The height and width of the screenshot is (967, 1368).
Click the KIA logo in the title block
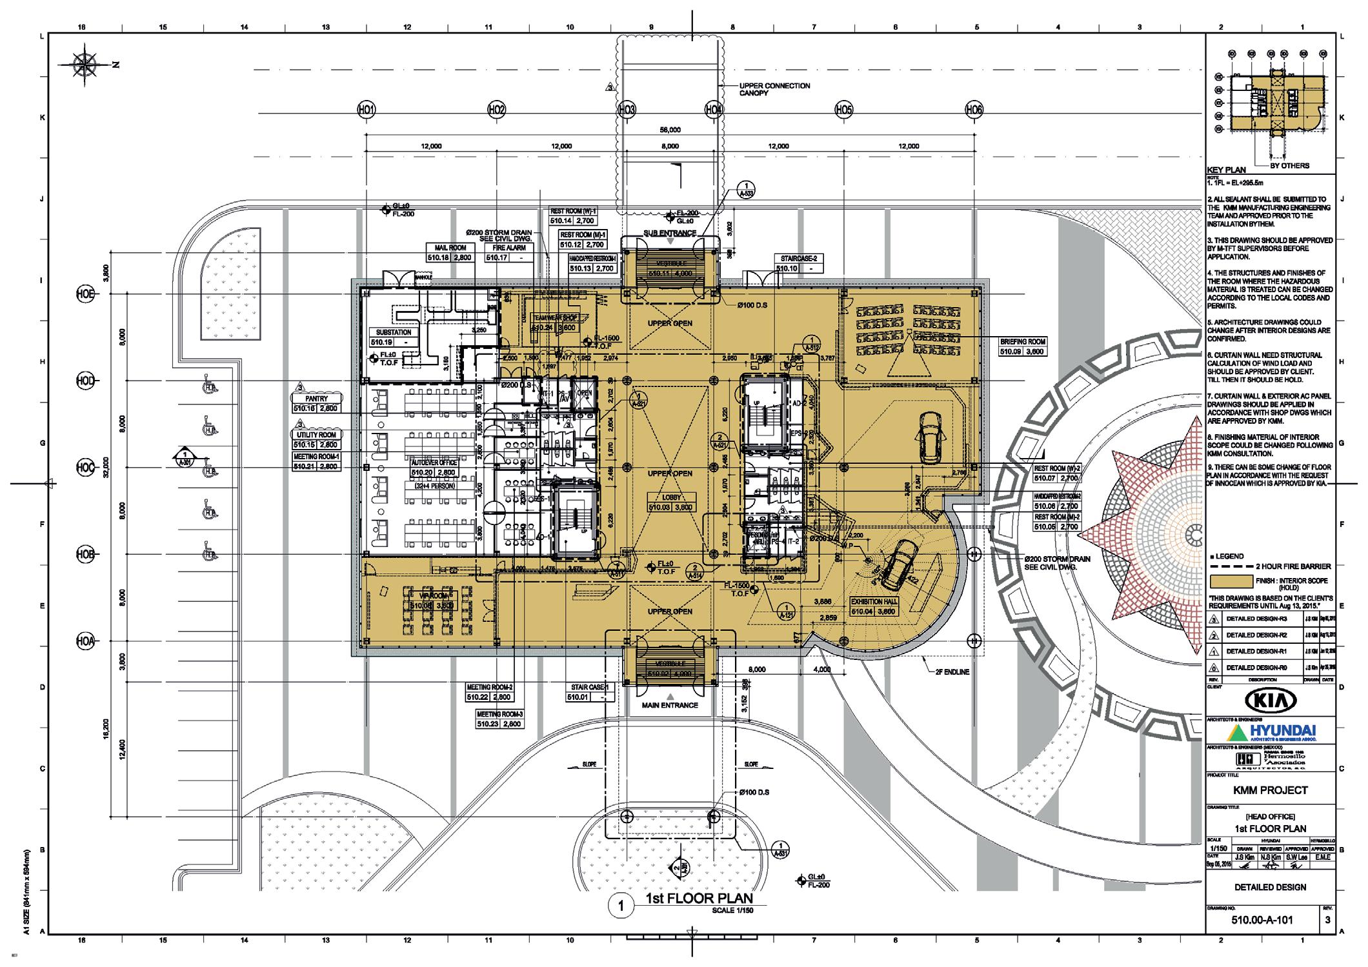coord(1270,701)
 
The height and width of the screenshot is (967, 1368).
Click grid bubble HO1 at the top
coord(366,110)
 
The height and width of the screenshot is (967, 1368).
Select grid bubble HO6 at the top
coord(974,110)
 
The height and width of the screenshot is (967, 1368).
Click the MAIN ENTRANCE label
coord(670,705)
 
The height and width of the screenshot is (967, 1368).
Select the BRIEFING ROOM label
coord(1023,342)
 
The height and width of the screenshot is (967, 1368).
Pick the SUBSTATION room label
coord(393,332)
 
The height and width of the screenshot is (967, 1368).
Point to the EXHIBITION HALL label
coord(875,601)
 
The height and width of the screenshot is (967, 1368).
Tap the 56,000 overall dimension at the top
coord(670,130)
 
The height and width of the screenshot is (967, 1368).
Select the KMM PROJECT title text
coord(1270,790)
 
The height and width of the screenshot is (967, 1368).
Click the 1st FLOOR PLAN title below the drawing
coord(699,899)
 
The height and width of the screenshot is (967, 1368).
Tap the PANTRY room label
coord(317,399)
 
